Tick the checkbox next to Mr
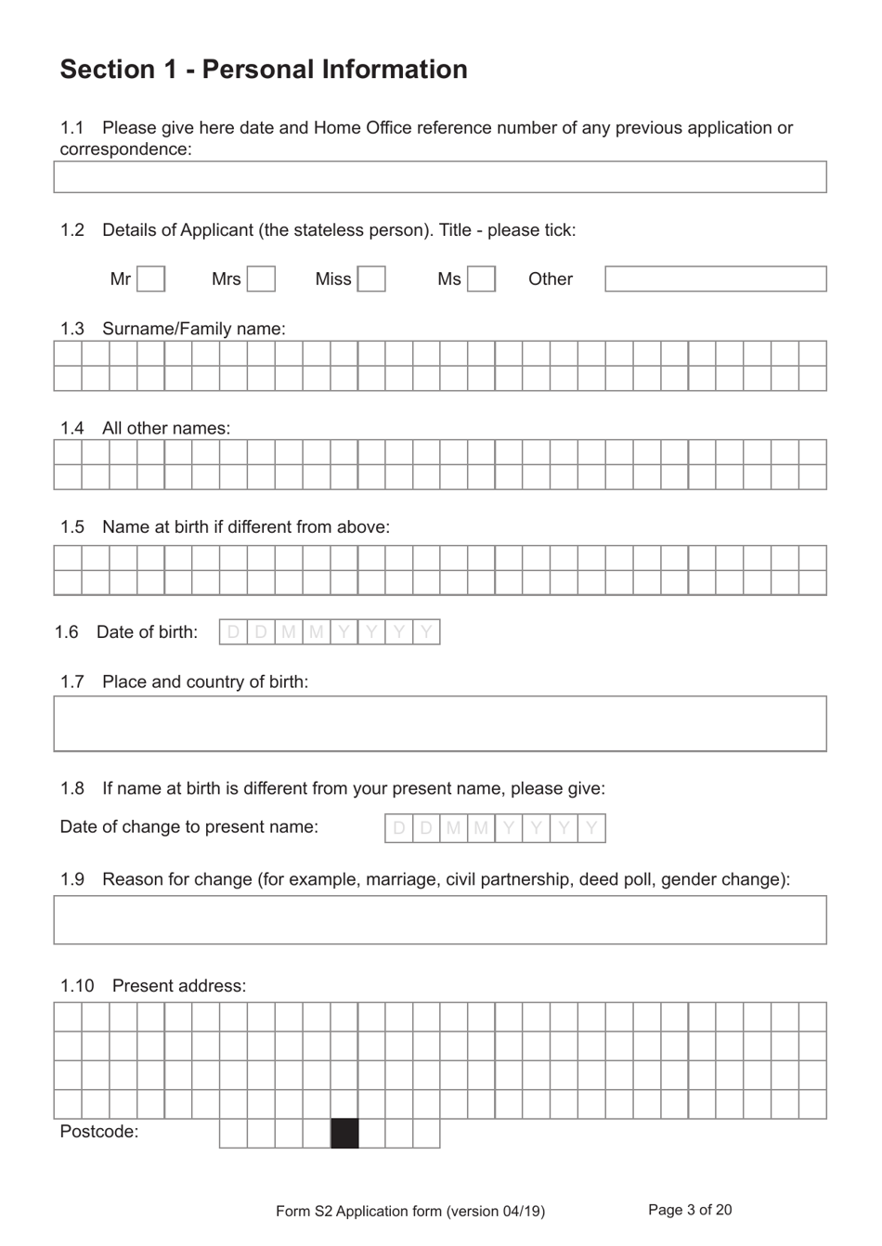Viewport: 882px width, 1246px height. (151, 279)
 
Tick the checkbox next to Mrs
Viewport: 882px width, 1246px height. (262, 279)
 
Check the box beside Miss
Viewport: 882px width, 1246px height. (371, 279)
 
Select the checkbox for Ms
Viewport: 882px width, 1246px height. (481, 279)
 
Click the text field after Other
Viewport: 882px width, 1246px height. (715, 279)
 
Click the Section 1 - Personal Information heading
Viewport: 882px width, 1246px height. (264, 70)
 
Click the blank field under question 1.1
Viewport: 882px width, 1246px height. (439, 177)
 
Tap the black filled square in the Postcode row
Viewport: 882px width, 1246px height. (344, 1134)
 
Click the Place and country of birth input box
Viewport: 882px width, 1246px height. (439, 723)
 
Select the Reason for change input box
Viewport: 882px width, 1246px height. (439, 920)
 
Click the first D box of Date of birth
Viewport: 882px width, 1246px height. (233, 632)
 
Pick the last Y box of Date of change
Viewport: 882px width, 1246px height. (591, 828)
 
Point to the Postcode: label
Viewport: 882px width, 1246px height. (99, 1132)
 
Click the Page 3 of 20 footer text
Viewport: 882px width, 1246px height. (690, 1210)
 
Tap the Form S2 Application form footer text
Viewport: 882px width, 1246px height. (410, 1211)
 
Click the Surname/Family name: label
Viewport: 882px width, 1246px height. (193, 329)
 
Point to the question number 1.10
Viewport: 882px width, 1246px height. (77, 986)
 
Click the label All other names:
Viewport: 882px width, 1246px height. (166, 428)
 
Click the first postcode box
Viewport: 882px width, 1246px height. (233, 1134)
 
